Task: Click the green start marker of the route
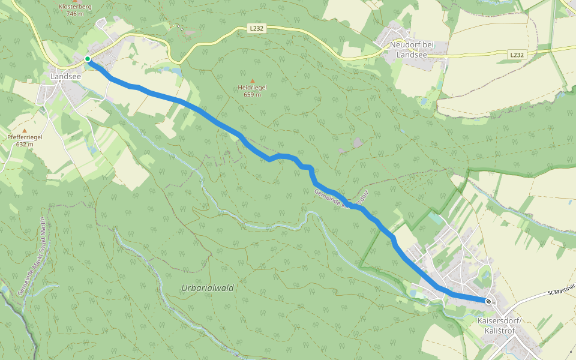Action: (x=88, y=59)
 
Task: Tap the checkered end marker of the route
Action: (x=488, y=301)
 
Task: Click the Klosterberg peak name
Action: (x=76, y=6)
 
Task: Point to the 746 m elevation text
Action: (x=76, y=14)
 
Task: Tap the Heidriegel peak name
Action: (x=252, y=88)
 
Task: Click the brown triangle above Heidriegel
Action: (x=252, y=81)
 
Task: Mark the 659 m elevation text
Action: (x=252, y=95)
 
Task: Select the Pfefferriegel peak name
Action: (x=25, y=137)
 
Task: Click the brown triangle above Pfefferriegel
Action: (x=25, y=130)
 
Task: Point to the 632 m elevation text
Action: (x=25, y=144)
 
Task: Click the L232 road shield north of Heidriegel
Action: (x=256, y=28)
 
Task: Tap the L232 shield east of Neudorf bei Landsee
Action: (x=517, y=55)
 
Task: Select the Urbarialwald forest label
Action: (x=208, y=288)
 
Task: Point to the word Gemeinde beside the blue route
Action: (x=327, y=199)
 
